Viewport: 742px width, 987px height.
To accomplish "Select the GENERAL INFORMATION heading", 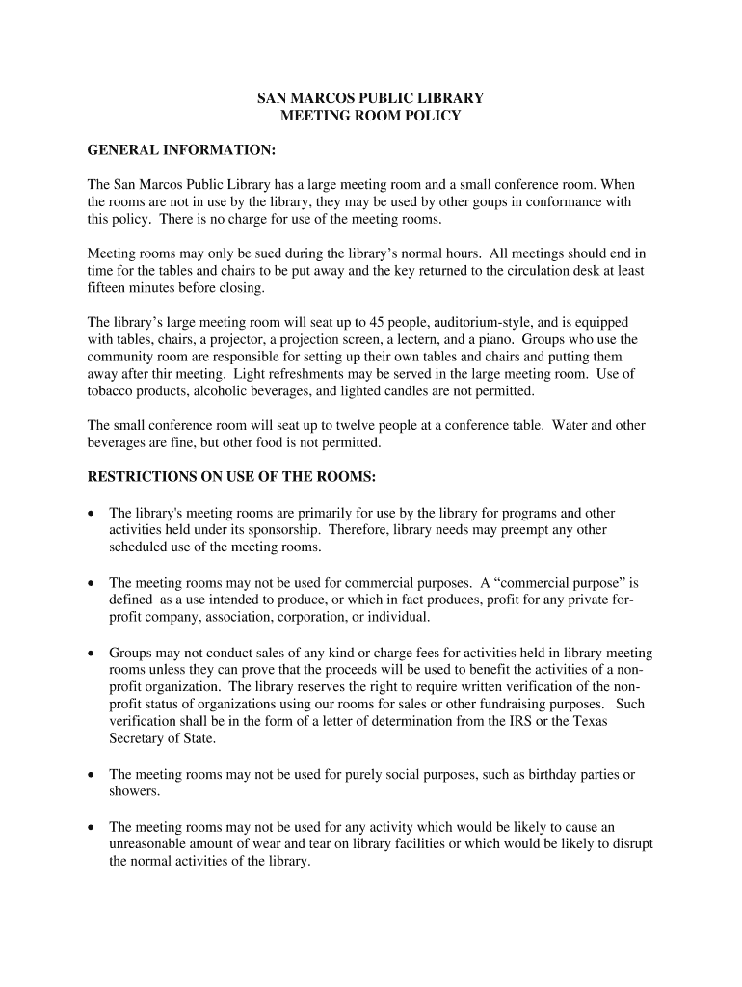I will [x=182, y=151].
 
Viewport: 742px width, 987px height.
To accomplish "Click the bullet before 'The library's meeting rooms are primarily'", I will [x=93, y=514].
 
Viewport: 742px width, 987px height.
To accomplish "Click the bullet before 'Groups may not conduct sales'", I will [x=93, y=653].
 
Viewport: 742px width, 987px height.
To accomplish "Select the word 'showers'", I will [x=133, y=791].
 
